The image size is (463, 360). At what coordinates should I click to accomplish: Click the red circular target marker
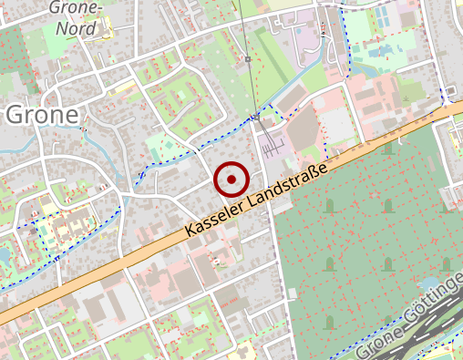pos(231,180)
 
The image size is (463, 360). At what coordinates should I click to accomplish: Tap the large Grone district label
pos(41,114)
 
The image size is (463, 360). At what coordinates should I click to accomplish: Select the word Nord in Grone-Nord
pos(76,28)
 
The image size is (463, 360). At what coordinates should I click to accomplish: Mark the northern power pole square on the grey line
pos(247,59)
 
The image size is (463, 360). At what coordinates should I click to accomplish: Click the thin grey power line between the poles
pos(252,88)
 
